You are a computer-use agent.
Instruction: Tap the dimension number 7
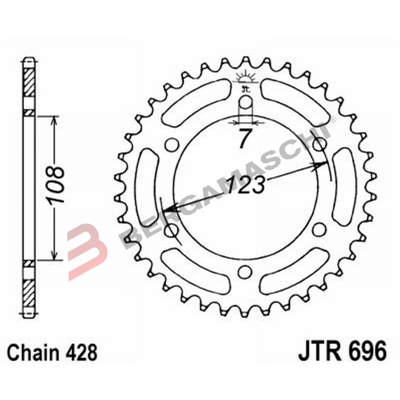coord(243,138)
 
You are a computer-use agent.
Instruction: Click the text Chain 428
coord(52,352)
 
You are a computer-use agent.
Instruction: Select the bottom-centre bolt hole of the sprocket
coord(244,271)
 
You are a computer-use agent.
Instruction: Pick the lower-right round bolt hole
coord(318,230)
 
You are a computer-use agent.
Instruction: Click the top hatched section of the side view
coord(29,80)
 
